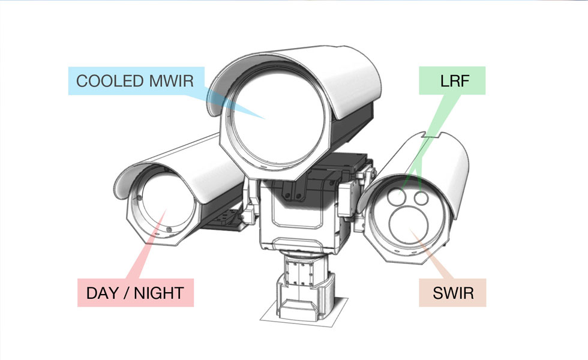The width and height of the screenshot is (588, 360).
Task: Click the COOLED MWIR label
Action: coord(135,81)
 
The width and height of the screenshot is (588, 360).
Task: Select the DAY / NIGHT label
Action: coord(135,293)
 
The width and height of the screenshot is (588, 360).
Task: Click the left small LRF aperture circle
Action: coord(396,196)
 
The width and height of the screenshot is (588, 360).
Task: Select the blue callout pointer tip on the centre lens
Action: coord(264,116)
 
